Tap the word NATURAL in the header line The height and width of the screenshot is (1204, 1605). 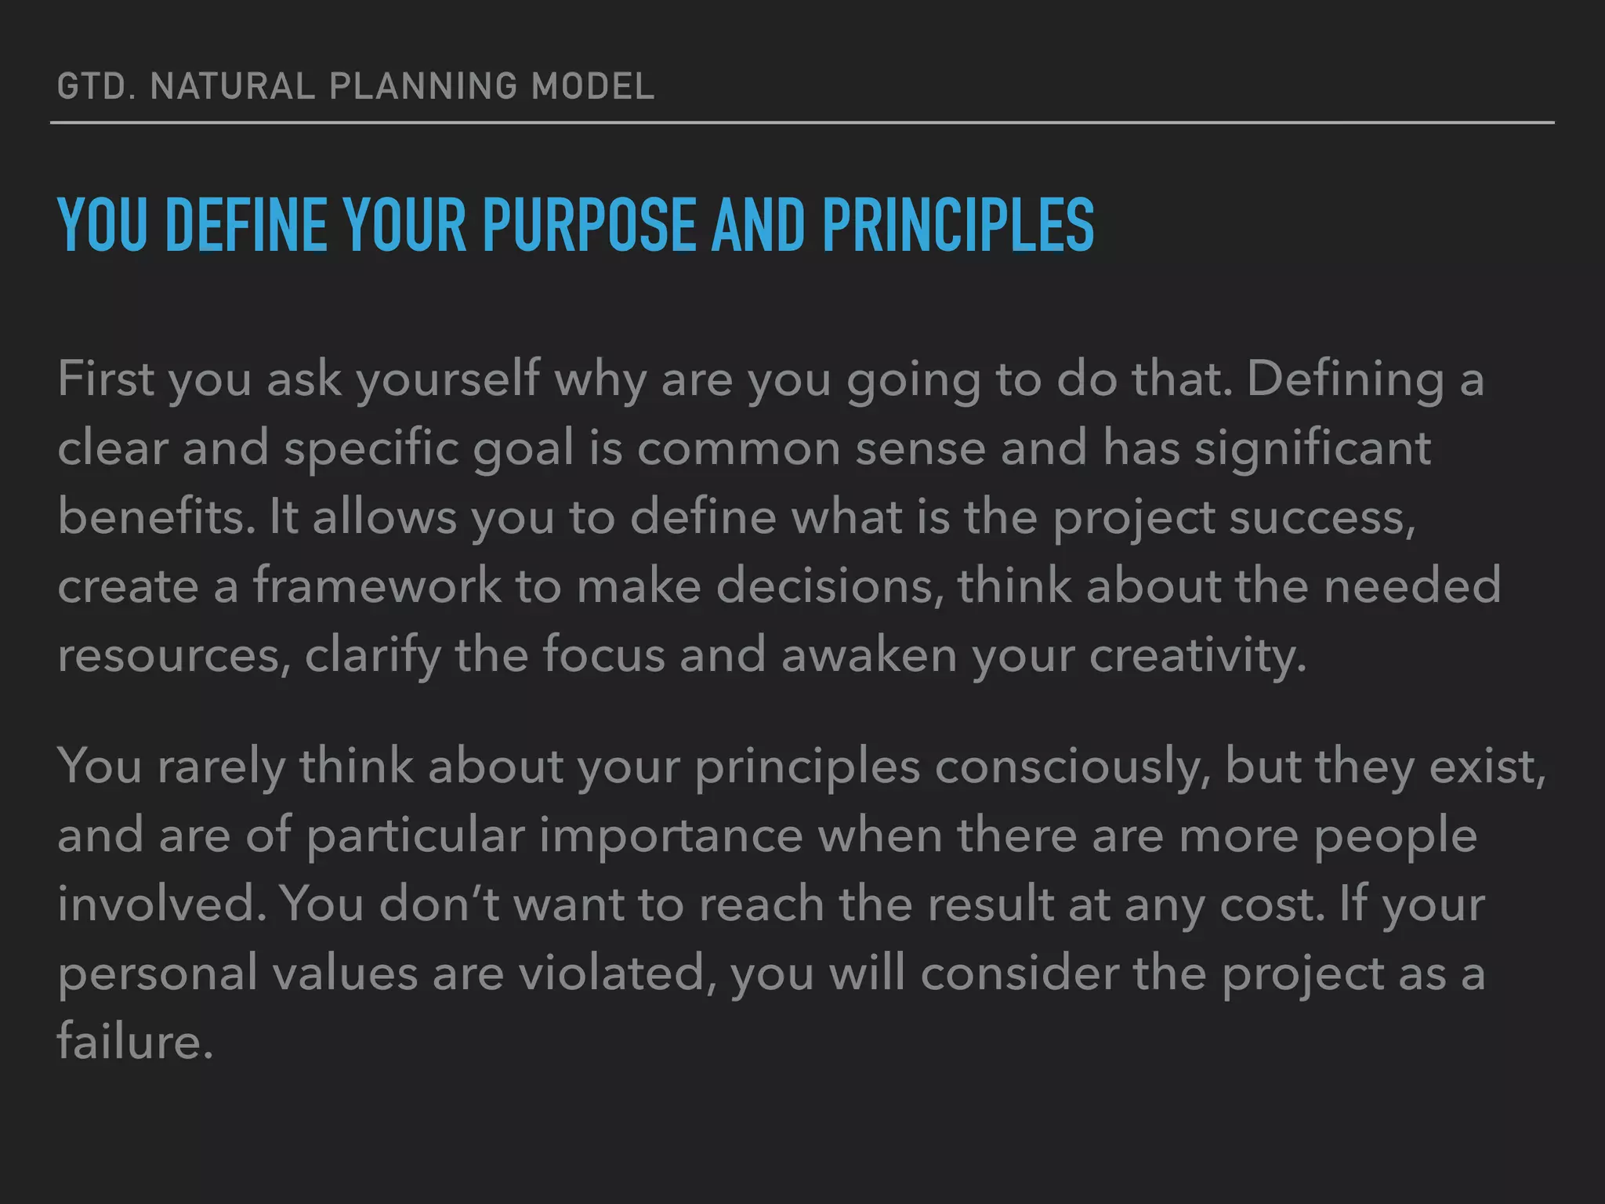(232, 86)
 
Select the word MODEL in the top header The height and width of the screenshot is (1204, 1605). (592, 86)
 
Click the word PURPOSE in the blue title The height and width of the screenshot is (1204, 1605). (589, 226)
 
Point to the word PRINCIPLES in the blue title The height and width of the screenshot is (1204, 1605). (958, 226)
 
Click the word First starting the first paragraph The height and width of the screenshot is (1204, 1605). (106, 379)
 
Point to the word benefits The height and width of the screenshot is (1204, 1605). (156, 517)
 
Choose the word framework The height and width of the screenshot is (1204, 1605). (376, 586)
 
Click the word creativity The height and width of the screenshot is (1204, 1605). (1197, 655)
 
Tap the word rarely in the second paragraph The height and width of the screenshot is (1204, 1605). (221, 767)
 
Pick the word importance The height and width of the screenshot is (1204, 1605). (671, 836)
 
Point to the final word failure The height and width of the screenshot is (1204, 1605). (135, 1042)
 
